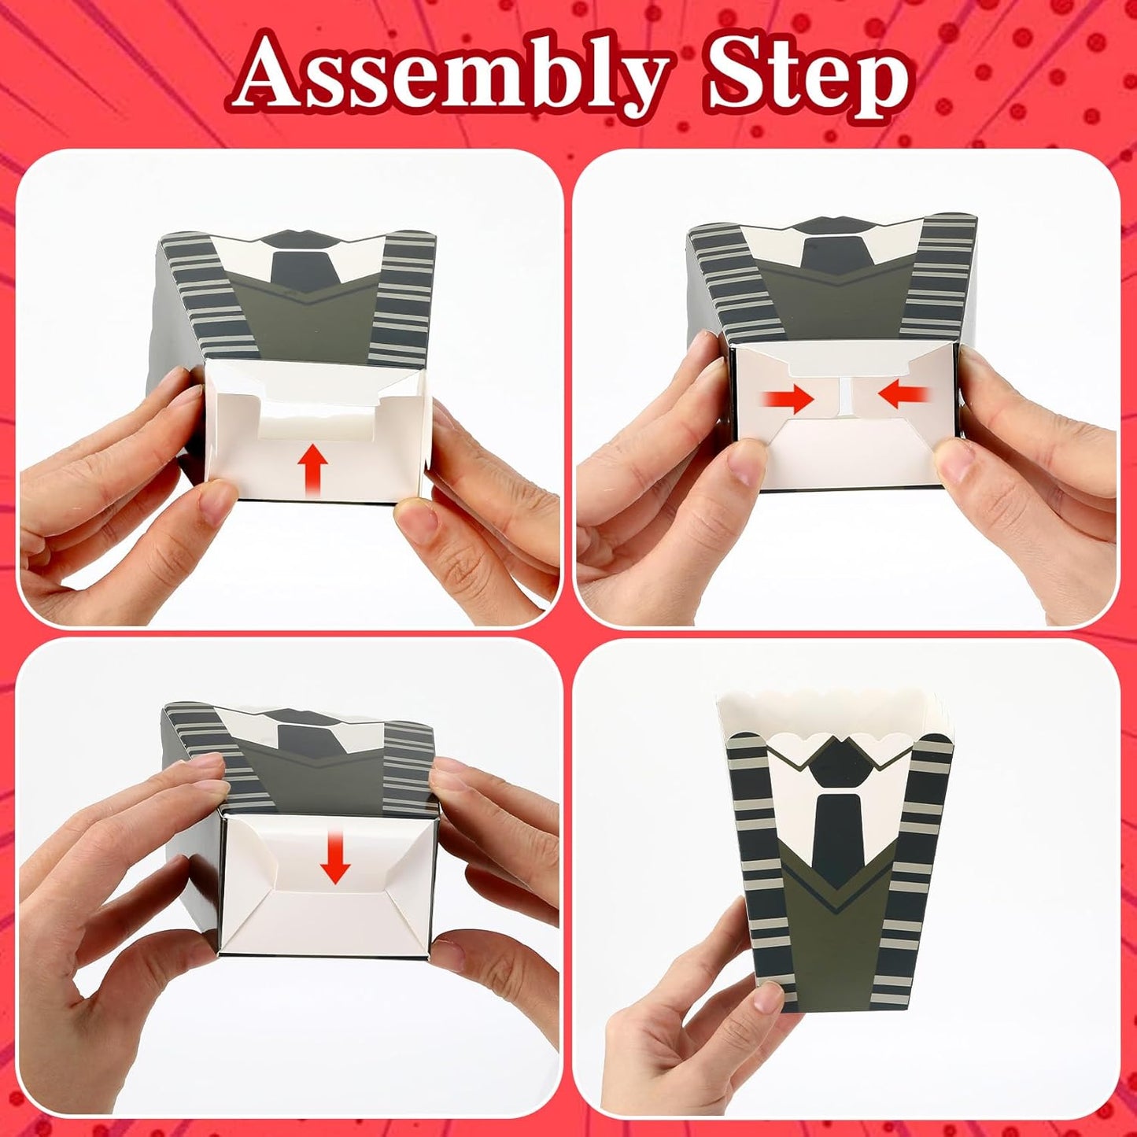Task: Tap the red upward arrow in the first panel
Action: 312,469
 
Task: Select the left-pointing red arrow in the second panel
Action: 903,394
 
